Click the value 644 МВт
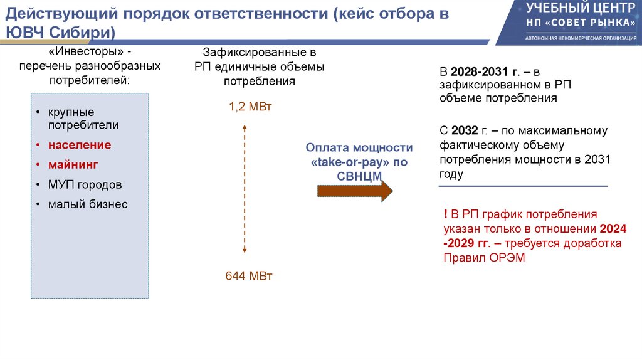pyautogui.click(x=249, y=276)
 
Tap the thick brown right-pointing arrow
pyautogui.click(x=355, y=191)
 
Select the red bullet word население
pyautogui.click(x=81, y=145)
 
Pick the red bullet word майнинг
pyautogui.click(x=73, y=164)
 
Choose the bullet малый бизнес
pyautogui.click(x=88, y=204)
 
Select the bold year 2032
pyautogui.click(x=464, y=130)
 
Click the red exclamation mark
pyautogui.click(x=445, y=214)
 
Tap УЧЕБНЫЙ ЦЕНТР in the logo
pyautogui.click(x=576, y=8)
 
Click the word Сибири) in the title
pyautogui.click(x=84, y=33)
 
